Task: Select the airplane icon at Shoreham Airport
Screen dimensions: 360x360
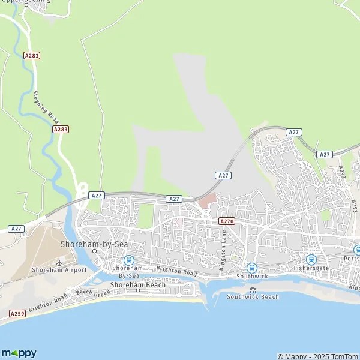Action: click(60, 263)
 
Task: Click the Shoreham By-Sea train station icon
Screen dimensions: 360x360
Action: click(128, 260)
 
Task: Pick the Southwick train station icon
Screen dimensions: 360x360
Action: click(252, 268)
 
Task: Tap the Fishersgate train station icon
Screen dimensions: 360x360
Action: click(311, 259)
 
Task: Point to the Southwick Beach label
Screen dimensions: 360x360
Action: click(253, 297)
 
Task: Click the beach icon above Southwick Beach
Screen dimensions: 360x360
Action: click(253, 290)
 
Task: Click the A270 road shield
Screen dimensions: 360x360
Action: click(227, 221)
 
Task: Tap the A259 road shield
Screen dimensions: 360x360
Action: click(17, 313)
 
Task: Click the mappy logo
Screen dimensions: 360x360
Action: click(19, 353)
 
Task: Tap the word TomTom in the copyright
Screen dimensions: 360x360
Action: click(344, 356)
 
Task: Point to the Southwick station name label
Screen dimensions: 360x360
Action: click(252, 277)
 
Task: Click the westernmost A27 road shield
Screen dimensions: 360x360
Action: click(16, 229)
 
